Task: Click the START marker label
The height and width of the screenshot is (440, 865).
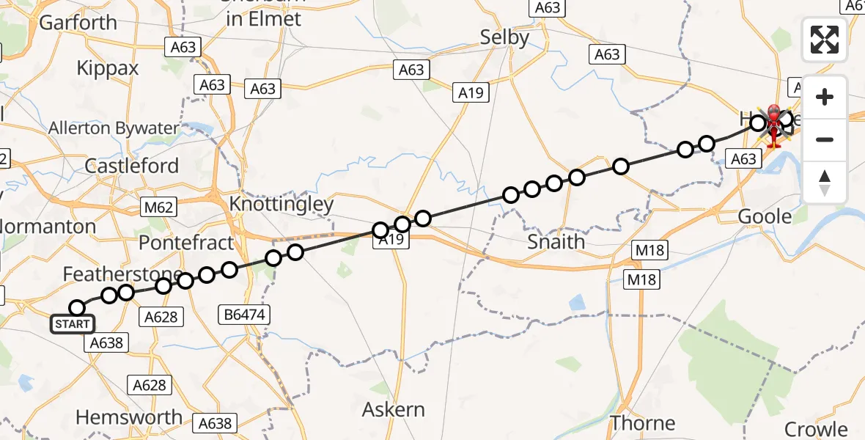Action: pyautogui.click(x=73, y=324)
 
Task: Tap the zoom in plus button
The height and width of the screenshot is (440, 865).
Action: pyautogui.click(x=825, y=97)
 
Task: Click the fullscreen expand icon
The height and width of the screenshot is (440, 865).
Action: pyautogui.click(x=825, y=40)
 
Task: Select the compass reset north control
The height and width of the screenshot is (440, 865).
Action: pyautogui.click(x=825, y=182)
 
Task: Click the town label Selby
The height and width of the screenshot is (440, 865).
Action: pyautogui.click(x=504, y=37)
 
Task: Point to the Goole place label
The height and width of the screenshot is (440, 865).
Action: pyautogui.click(x=765, y=216)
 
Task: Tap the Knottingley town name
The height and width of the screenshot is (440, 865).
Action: pyautogui.click(x=281, y=204)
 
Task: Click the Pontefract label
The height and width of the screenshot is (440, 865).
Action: pyautogui.click(x=185, y=242)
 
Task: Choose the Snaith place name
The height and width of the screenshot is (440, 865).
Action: pyautogui.click(x=556, y=241)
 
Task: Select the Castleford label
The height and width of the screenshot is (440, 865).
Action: pyautogui.click(x=132, y=166)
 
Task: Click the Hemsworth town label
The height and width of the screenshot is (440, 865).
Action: pyautogui.click(x=129, y=417)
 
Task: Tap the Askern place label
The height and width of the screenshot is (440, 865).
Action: pyautogui.click(x=394, y=408)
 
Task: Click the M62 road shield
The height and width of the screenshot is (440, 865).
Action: pyautogui.click(x=158, y=208)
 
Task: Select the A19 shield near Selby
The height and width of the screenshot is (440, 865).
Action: pyautogui.click(x=472, y=92)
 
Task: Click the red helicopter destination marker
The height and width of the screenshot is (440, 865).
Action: pyautogui.click(x=773, y=125)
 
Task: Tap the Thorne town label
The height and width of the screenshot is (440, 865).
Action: pyautogui.click(x=643, y=423)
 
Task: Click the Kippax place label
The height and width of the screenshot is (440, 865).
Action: pyautogui.click(x=108, y=69)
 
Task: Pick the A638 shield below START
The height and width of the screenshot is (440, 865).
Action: pyautogui.click(x=108, y=342)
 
